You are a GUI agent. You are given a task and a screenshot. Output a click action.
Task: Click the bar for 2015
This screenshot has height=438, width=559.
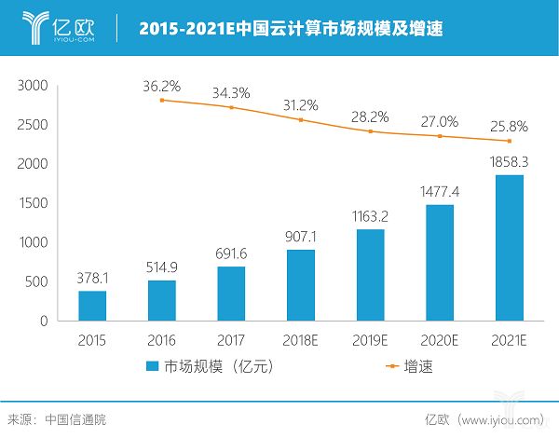coord(92,305)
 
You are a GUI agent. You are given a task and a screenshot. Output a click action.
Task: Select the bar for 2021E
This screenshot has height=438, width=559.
coord(509,247)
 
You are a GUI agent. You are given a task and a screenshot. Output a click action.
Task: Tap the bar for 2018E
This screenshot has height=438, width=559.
coord(300,284)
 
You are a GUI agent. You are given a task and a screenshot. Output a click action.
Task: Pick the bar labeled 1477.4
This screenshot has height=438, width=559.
coord(440,262)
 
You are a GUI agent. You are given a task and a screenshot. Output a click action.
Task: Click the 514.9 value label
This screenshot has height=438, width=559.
coord(161,266)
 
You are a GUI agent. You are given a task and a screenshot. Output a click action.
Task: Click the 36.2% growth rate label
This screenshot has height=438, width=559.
coord(162,85)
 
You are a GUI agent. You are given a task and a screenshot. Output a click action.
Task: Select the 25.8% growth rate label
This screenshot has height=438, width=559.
coord(510,125)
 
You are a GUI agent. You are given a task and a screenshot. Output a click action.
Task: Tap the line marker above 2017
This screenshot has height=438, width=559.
coord(231,107)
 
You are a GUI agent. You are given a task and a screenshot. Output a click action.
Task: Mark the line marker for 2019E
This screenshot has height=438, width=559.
coord(370,131)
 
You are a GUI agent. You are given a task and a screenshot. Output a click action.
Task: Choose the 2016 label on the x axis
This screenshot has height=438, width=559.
coord(161,339)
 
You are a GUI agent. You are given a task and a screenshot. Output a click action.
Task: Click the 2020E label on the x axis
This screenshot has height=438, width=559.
coord(439,339)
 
